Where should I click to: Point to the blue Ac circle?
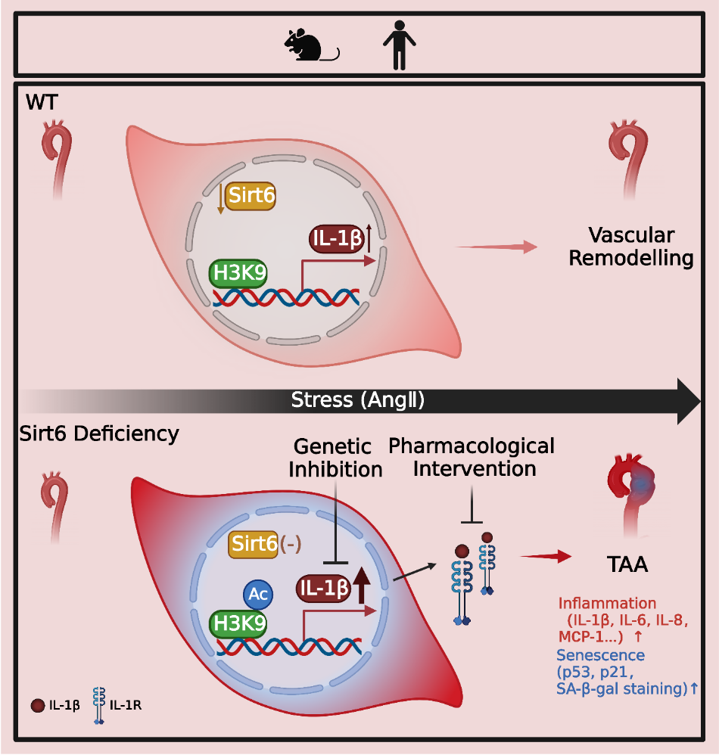pos(257,595)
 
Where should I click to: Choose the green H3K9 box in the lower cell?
pos(238,624)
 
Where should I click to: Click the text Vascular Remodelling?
pos(631,246)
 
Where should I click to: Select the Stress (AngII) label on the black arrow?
pos(357,400)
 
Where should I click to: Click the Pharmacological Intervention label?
pos(472,456)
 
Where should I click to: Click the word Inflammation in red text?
pos(607,604)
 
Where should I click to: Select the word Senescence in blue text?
pos(601,654)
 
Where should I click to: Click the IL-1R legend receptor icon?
pos(98,706)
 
